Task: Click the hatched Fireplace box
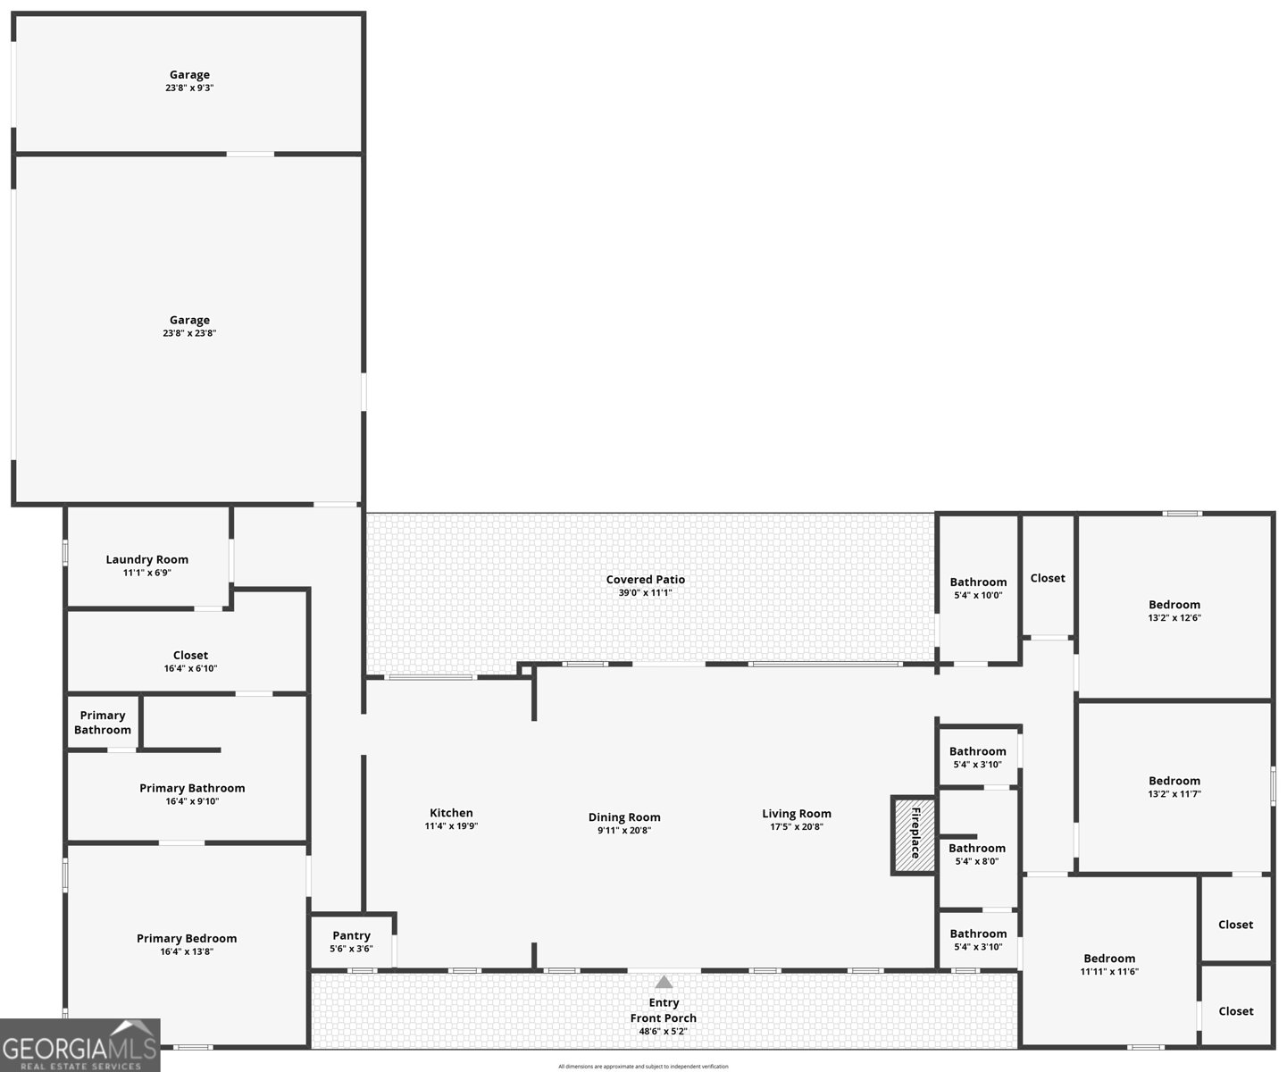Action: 914,834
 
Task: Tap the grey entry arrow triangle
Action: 664,982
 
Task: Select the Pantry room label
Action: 351,935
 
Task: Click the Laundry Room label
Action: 147,559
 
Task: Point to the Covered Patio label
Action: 645,579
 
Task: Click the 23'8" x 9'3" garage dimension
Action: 189,88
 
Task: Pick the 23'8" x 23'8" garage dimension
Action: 189,333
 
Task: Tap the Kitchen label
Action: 451,812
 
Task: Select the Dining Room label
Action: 624,817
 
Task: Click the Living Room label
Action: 796,813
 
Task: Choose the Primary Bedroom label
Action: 187,938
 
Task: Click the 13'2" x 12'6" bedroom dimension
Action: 1174,617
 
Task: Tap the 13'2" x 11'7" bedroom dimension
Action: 1174,793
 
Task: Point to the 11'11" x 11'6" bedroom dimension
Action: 1109,972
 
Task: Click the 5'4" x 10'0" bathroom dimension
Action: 978,595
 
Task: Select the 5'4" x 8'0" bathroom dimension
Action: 976,861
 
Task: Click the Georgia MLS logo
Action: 79,1045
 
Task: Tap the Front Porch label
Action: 663,1018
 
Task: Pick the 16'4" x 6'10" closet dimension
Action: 190,668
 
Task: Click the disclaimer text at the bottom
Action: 643,1066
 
